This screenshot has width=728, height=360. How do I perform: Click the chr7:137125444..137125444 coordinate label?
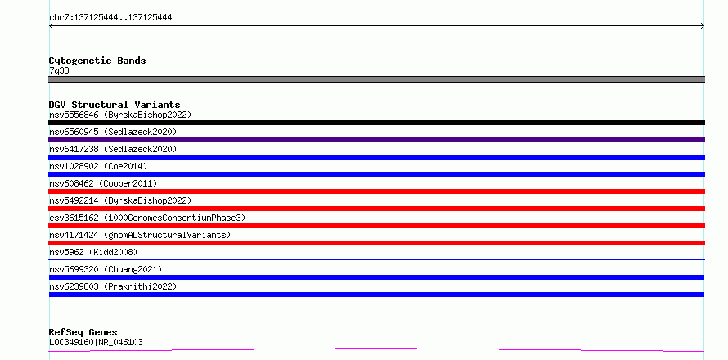coord(110,18)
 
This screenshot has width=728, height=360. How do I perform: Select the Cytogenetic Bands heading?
coord(97,61)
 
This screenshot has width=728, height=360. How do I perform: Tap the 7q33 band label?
coord(60,71)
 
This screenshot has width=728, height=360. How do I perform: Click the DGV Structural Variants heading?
coord(115,105)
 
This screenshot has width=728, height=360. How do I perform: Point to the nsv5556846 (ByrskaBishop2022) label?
coord(120,115)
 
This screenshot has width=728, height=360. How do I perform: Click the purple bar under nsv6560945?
coord(376,140)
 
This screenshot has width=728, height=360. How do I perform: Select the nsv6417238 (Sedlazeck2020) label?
coord(113,149)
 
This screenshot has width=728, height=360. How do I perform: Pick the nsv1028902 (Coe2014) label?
coord(98,166)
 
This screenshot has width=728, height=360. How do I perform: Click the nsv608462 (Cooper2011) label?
coord(103,183)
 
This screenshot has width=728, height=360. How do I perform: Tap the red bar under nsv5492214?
coord(376,209)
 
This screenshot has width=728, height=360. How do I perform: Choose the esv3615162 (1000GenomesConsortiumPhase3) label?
coord(147,218)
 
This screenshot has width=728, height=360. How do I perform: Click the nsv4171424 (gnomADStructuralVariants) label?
coord(140,235)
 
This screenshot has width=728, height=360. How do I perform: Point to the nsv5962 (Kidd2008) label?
coord(93,252)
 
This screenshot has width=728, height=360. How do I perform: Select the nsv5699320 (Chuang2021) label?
coord(106,269)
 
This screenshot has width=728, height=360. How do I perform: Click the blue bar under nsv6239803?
coord(376,295)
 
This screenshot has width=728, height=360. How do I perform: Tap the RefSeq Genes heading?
coord(83,333)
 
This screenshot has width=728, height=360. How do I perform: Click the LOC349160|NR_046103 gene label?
coord(96,343)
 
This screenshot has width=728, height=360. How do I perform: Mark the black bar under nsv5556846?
coord(376,123)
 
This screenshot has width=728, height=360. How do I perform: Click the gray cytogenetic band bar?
coord(376,79)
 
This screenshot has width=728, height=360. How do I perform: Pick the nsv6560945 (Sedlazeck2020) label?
coord(113,132)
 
